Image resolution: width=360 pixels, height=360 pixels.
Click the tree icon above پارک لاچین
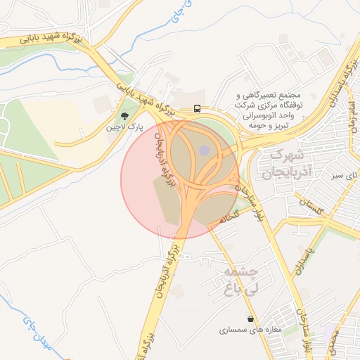(x=125, y=116)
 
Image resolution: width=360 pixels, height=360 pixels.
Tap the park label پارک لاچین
(x=124, y=128)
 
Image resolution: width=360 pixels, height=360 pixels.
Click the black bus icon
(x=198, y=109)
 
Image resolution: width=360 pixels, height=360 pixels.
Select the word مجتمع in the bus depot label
(x=289, y=95)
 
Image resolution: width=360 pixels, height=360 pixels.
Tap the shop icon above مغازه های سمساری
(x=251, y=319)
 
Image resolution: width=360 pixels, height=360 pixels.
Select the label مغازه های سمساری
(x=250, y=330)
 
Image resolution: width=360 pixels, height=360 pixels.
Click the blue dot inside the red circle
(x=204, y=150)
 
